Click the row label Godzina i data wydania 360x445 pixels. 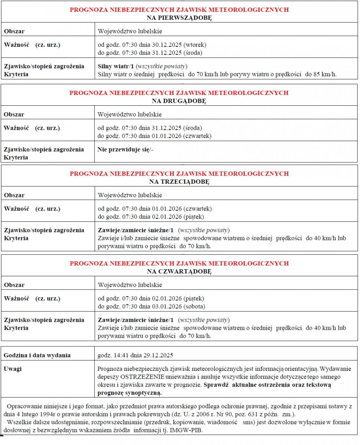coord(37,355)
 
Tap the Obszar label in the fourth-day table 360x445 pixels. coord(14,285)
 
